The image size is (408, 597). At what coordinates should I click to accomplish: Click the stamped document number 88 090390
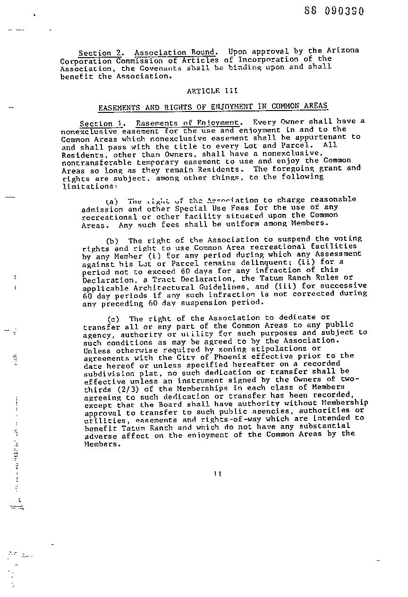click(334, 11)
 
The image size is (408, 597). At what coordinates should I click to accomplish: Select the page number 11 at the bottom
click(217, 474)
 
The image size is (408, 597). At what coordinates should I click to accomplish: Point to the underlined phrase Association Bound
click(176, 52)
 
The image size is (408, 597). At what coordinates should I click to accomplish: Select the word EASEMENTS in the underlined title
click(119, 108)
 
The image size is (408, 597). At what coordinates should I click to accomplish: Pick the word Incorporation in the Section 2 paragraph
click(268, 60)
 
